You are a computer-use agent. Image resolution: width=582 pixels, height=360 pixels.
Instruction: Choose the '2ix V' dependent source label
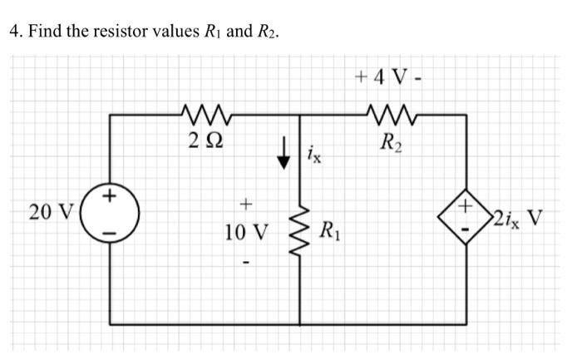click(x=516, y=219)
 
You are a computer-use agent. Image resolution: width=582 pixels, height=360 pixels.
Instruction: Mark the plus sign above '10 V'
click(x=244, y=203)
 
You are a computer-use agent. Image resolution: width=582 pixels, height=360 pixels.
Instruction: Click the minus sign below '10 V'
click(x=244, y=264)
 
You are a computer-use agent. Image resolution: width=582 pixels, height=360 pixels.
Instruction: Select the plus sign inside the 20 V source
click(x=111, y=198)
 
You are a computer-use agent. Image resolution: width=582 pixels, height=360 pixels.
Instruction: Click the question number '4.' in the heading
click(x=14, y=32)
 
